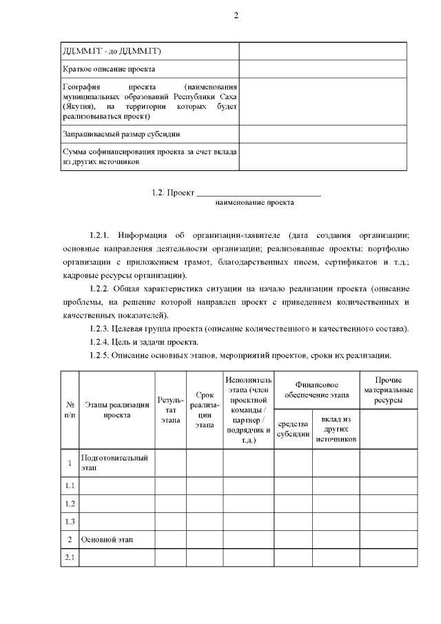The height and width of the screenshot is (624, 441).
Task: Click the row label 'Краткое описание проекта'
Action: coord(108,70)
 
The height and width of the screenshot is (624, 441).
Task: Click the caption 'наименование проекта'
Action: coord(254,203)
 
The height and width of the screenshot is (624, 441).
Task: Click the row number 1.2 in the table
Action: coord(70,503)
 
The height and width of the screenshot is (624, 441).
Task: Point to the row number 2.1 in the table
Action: coord(70,557)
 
